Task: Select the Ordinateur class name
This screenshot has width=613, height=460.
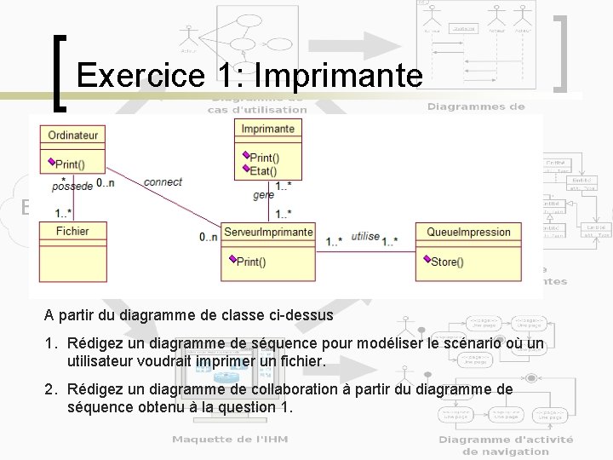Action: [x=73, y=135]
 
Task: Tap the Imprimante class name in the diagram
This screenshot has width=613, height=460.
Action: [x=268, y=129]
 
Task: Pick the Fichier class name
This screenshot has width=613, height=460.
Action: [x=72, y=231]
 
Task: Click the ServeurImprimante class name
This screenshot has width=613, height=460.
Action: [x=268, y=232]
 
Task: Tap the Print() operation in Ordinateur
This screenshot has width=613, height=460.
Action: [x=69, y=164]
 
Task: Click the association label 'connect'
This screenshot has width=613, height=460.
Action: [x=163, y=181]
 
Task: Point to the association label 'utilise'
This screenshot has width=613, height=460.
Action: [x=365, y=236]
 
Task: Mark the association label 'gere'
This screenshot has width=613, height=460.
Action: [x=264, y=195]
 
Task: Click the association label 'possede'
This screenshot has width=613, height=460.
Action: [x=72, y=186]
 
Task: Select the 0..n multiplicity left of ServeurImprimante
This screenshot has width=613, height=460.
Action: [x=209, y=237]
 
